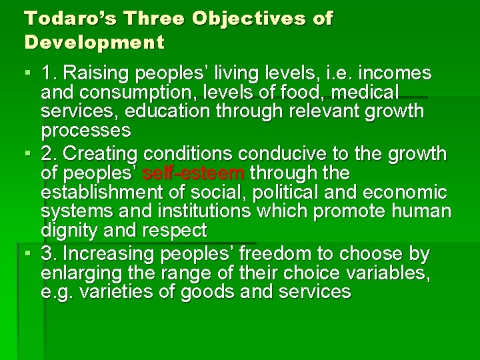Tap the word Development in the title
[94, 42]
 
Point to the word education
[174, 111]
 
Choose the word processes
[86, 129]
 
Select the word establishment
[107, 193]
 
